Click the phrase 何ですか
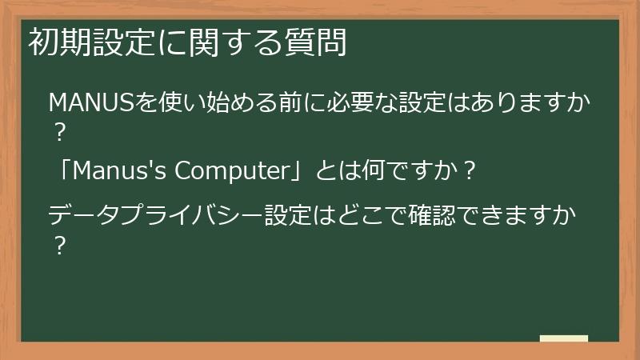click(410, 170)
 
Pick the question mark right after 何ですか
click(470, 171)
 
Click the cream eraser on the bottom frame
click(563, 339)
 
